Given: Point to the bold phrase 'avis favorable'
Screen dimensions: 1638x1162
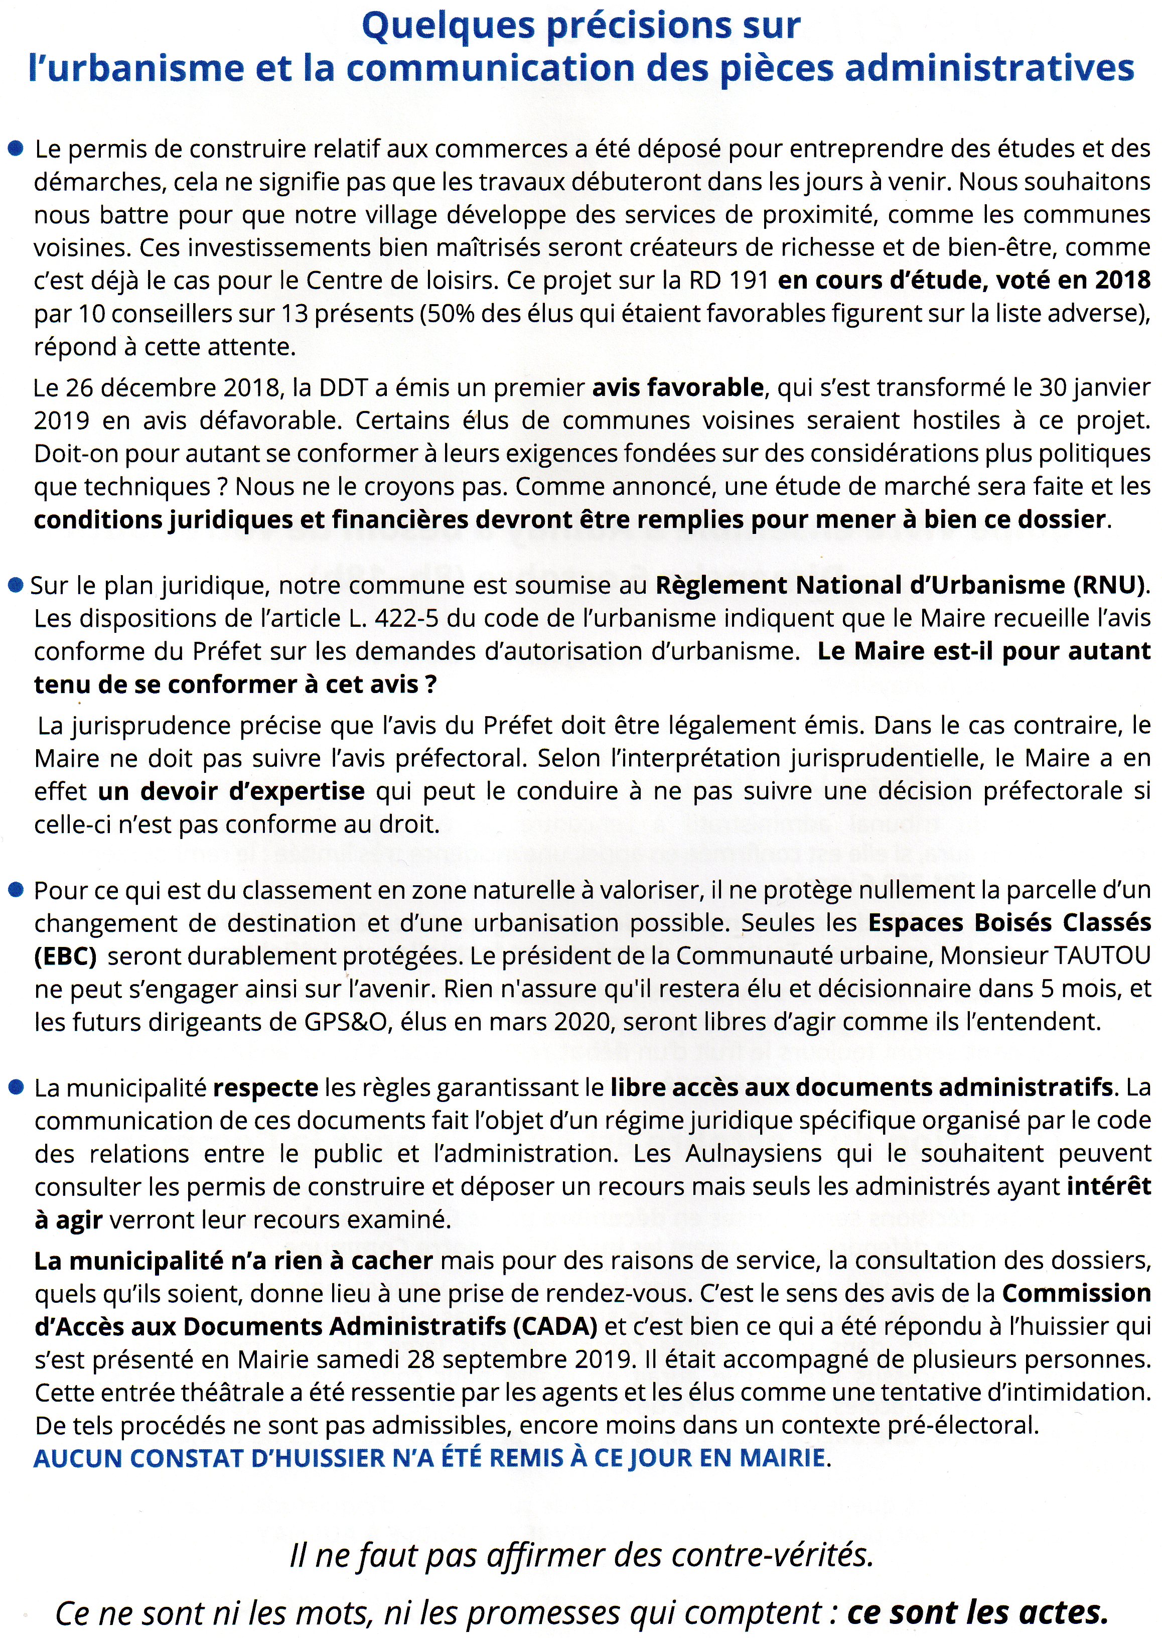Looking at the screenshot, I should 678,387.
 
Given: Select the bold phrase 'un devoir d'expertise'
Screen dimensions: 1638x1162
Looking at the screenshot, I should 231,791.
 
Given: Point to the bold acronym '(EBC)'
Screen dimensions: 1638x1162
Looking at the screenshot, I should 65,956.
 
